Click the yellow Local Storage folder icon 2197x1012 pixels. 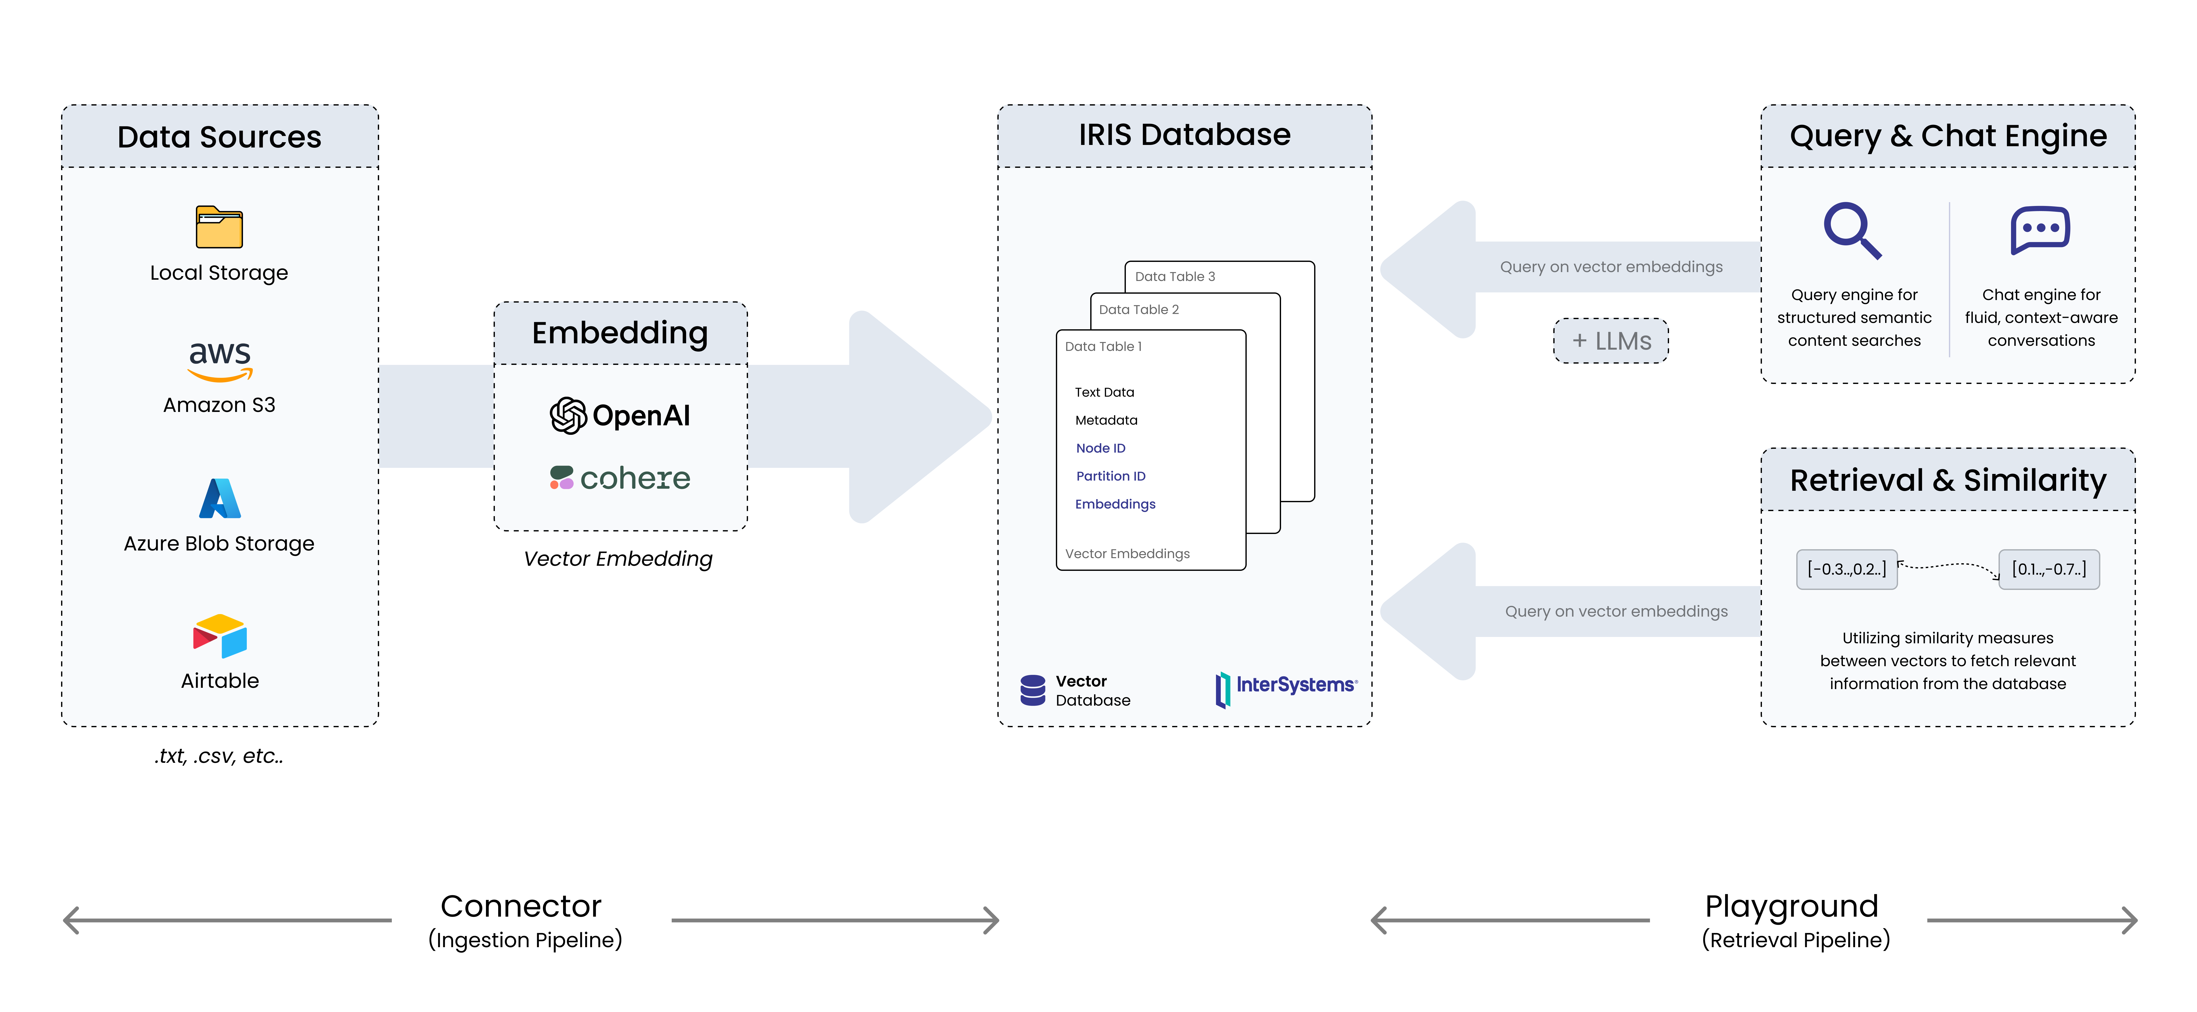click(x=219, y=227)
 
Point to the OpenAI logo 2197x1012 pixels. click(x=620, y=415)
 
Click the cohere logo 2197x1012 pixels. click(x=620, y=478)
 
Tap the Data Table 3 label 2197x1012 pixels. click(x=1174, y=276)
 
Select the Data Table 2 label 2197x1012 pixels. click(x=1139, y=309)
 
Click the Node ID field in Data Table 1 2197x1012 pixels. click(x=1100, y=448)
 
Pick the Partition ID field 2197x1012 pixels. click(x=1110, y=476)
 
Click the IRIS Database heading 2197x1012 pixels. click(x=1185, y=135)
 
